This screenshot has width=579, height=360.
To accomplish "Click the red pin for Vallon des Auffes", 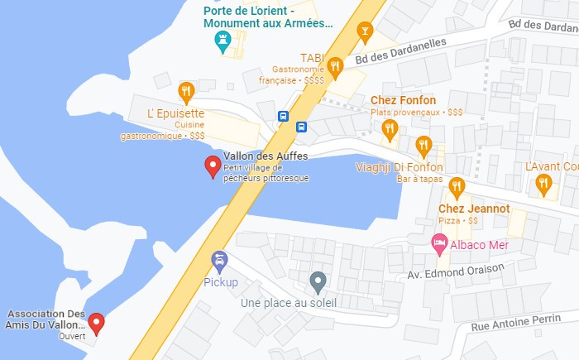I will (x=213, y=166).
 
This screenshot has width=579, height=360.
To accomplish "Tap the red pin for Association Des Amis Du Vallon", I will (x=97, y=323).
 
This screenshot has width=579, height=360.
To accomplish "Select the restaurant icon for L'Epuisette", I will (x=186, y=90).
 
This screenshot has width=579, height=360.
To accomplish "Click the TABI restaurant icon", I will (x=334, y=67).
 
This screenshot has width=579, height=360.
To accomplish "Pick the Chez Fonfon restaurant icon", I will (x=390, y=128).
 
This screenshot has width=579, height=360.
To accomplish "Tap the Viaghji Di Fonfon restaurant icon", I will (x=423, y=146).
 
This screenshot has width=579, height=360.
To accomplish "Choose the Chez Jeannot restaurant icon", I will (x=457, y=186).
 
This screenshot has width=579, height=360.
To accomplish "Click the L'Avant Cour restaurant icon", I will (x=543, y=185).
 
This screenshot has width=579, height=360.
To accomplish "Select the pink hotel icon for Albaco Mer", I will (x=439, y=245).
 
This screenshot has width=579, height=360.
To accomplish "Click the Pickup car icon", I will (x=220, y=262).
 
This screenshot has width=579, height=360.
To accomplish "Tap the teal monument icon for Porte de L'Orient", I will (x=222, y=43).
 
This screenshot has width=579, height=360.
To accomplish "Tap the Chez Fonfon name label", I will (x=409, y=100).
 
